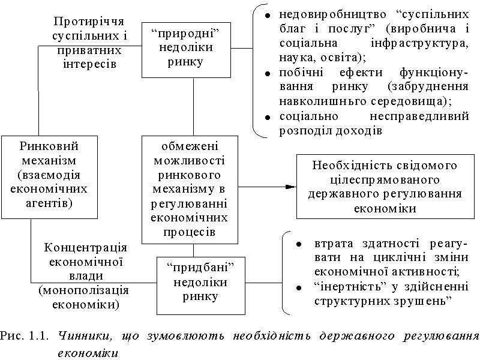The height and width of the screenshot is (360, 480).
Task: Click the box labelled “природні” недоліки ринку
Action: tap(185, 49)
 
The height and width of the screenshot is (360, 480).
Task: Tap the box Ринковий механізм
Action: tap(41, 176)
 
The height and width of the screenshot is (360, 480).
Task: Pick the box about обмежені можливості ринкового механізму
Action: tap(193, 189)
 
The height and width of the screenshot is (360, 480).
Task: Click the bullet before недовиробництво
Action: tap(267, 14)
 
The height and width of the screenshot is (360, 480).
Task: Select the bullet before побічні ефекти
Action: tap(267, 73)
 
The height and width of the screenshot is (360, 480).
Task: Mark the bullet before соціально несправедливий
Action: tap(267, 116)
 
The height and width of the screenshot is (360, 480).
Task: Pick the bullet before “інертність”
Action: tap(298, 287)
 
